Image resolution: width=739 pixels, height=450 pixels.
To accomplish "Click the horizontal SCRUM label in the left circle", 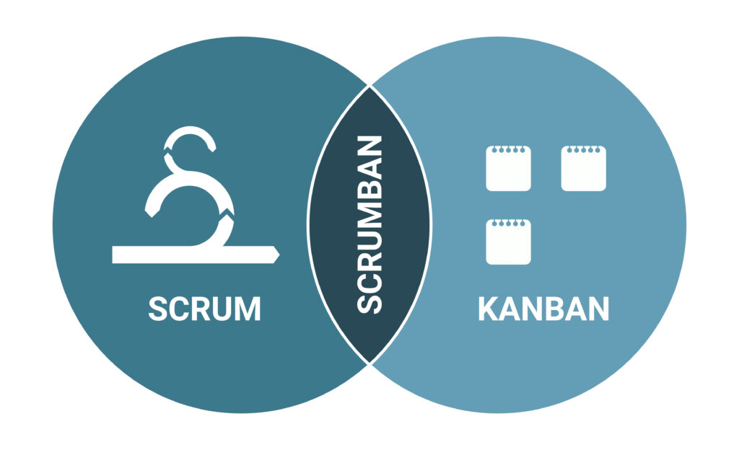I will pyautogui.click(x=204, y=309).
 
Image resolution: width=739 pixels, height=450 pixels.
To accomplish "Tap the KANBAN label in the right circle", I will pyautogui.click(x=543, y=309).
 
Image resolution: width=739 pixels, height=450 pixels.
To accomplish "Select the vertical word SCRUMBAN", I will pyautogui.click(x=369, y=224).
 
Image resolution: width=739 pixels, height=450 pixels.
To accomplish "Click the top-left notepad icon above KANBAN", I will pyautogui.click(x=508, y=169).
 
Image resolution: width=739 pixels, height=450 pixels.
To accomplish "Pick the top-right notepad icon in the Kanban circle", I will pyautogui.click(x=584, y=169).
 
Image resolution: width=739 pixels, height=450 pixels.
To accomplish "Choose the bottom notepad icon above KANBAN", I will pyautogui.click(x=508, y=242).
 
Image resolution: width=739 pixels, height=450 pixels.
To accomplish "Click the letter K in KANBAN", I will pyautogui.click(x=489, y=309).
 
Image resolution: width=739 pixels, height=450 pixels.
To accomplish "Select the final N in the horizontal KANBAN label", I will pyautogui.click(x=597, y=309).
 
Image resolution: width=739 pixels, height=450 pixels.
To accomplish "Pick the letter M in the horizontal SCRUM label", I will pyautogui.click(x=246, y=309).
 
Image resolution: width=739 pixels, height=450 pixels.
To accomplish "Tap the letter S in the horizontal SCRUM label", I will pyautogui.click(x=158, y=309).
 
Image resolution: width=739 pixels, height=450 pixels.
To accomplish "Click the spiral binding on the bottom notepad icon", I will pyautogui.click(x=508, y=222).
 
